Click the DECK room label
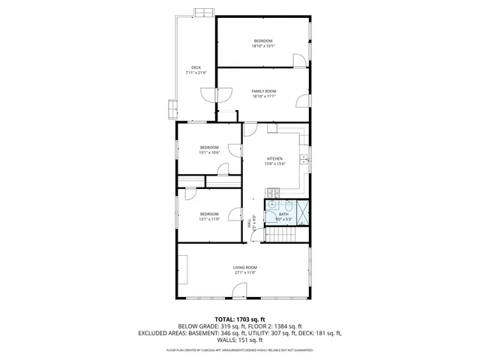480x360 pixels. click(x=196, y=67)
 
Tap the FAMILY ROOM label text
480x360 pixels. click(x=264, y=91)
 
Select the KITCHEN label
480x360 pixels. click(x=275, y=159)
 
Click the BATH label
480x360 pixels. click(x=283, y=214)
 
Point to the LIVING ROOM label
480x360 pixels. click(x=244, y=268)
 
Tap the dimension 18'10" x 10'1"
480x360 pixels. click(x=263, y=46)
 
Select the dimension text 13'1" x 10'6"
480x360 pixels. click(x=209, y=152)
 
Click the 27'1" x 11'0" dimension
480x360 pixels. click(x=244, y=273)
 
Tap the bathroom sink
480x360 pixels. click(x=271, y=205)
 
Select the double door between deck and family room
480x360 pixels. click(x=211, y=94)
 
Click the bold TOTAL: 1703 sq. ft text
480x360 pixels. click(x=240, y=319)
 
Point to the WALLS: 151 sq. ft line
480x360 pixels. click(x=240, y=340)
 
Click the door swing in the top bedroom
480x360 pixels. click(x=299, y=57)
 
